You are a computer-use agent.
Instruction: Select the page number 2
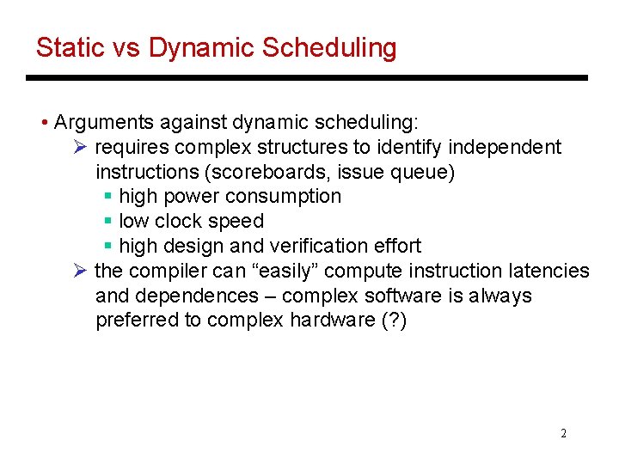coord(563,433)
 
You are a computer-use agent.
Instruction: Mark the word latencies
coord(549,272)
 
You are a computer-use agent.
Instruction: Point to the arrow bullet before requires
coord(80,147)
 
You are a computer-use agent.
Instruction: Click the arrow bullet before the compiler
coord(80,272)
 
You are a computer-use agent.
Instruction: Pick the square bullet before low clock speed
coord(107,222)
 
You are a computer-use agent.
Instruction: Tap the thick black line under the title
coord(306,77)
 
